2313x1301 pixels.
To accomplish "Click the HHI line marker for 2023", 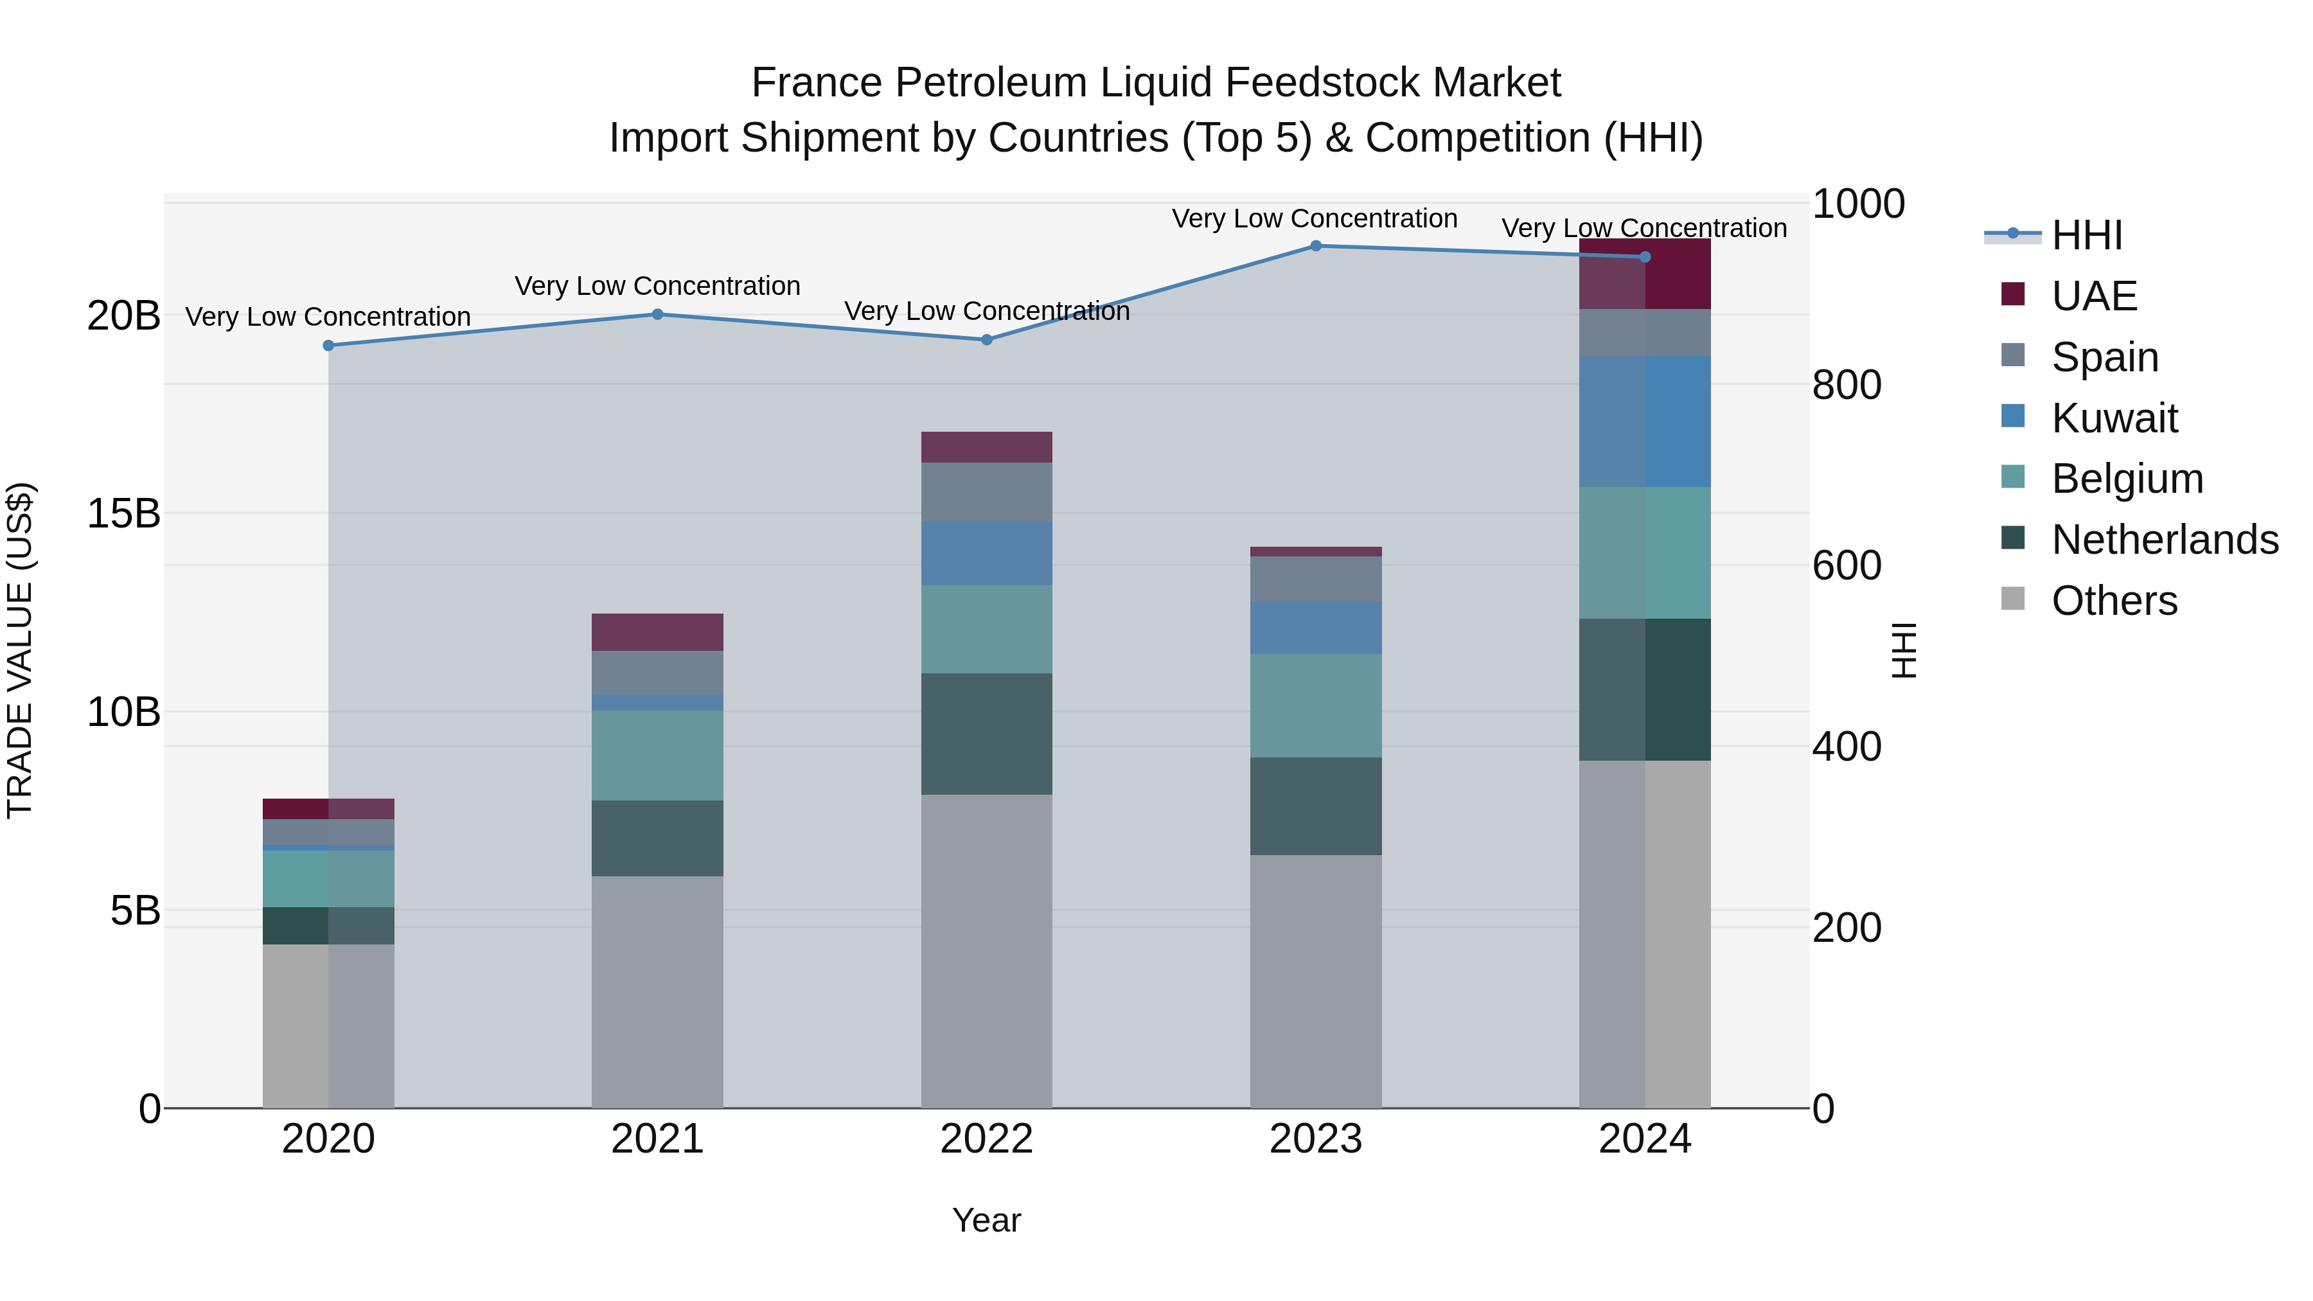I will (x=1315, y=245).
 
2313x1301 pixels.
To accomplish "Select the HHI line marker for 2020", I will (x=328, y=346).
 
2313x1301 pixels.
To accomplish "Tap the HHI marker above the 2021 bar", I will (x=657, y=314).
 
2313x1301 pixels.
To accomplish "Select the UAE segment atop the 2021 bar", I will (x=657, y=632).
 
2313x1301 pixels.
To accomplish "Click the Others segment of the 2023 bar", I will (x=1315, y=980).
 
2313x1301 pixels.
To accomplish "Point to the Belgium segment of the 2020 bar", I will (x=328, y=878).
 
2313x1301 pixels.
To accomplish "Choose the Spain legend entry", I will (x=2104, y=357).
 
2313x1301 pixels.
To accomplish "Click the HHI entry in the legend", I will (x=2086, y=235).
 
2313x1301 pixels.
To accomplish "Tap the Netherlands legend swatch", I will (x=2013, y=539).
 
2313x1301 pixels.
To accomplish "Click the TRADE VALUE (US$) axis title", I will (x=20, y=650).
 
